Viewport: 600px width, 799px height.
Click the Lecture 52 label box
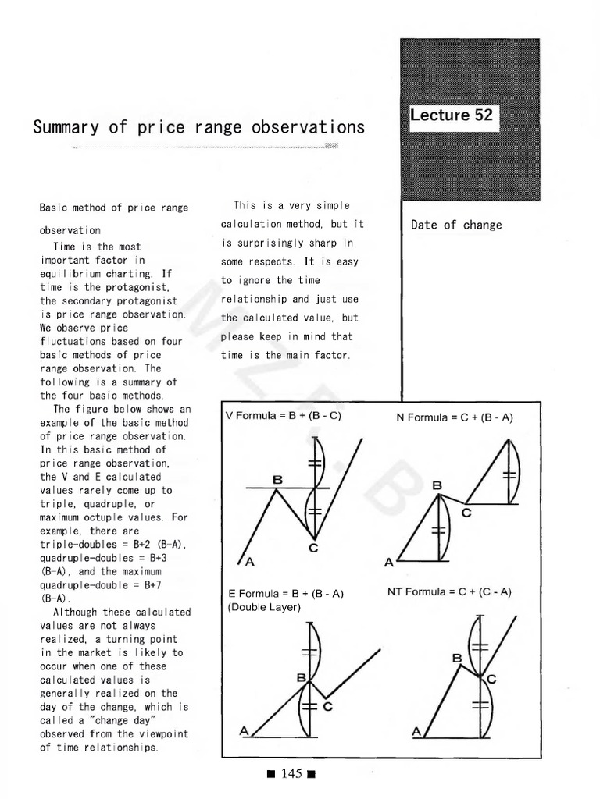pos(454,115)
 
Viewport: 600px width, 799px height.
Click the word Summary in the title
pos(66,127)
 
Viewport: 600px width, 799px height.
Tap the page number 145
pos(291,773)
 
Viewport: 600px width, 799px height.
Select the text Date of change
pos(456,225)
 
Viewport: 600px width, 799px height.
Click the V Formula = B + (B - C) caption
pos(283,415)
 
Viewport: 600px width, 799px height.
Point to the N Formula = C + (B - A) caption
pos(455,417)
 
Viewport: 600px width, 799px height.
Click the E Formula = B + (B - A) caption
pos(286,594)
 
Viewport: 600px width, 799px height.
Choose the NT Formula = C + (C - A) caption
pos(449,591)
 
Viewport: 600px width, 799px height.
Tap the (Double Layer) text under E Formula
pos(264,607)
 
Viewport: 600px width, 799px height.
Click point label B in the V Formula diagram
pos(277,480)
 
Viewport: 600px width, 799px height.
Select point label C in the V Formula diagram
pos(313,549)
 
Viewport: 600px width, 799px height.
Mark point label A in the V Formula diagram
pos(249,562)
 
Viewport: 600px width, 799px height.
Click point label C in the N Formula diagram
pos(466,513)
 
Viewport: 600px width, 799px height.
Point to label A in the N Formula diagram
pos(389,563)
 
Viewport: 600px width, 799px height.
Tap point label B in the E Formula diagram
pos(302,678)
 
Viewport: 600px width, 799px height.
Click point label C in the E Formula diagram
pos(327,707)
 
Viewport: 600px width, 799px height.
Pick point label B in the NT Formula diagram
pos(457,659)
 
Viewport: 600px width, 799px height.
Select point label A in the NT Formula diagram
pos(416,732)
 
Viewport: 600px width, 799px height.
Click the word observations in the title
pos(308,127)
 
